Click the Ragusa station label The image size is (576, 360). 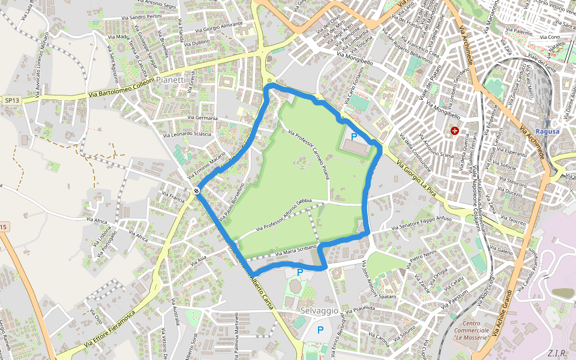click(x=547, y=131)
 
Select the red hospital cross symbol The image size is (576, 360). click(x=455, y=130)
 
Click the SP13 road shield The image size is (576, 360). click(x=11, y=100)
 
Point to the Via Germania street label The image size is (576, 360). click(x=202, y=118)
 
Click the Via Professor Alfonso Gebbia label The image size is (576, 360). click(x=284, y=216)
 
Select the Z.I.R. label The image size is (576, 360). click(x=557, y=352)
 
